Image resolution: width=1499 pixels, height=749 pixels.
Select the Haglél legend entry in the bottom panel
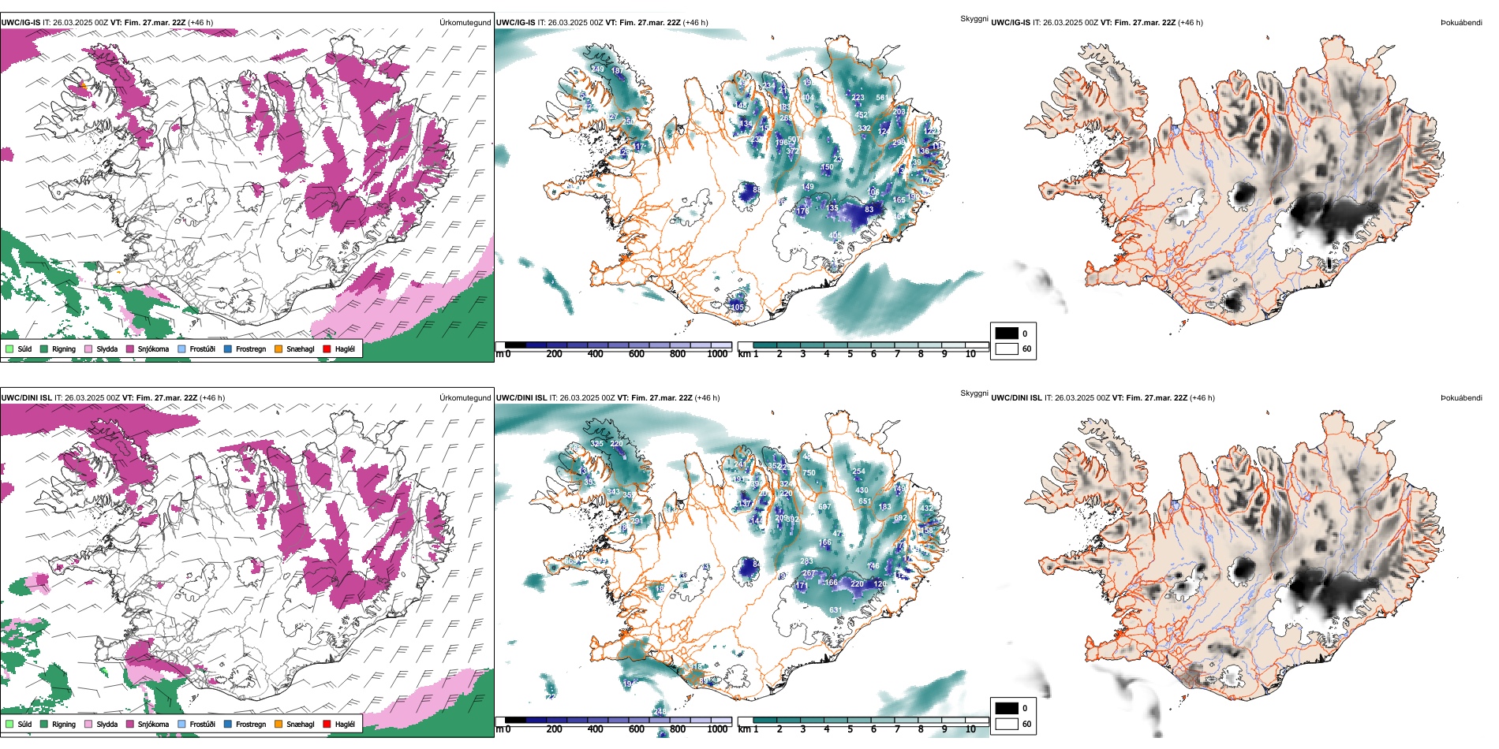pyautogui.click(x=345, y=724)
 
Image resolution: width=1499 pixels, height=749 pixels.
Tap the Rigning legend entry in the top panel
pyautogui.click(x=63, y=348)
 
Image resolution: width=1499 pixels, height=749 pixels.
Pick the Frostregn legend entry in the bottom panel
pyautogui.click(x=250, y=724)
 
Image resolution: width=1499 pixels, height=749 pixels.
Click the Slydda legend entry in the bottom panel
pyautogui.click(x=107, y=724)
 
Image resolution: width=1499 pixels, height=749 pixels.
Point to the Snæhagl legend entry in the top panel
pyautogui.click(x=300, y=348)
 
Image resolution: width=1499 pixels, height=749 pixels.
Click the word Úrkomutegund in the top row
pyautogui.click(x=465, y=22)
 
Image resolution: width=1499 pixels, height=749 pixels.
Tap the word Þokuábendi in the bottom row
pyautogui.click(x=1461, y=397)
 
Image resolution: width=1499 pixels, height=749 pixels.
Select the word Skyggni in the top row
pyautogui.click(x=974, y=18)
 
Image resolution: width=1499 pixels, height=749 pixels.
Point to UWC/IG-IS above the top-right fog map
pyautogui.click(x=1010, y=22)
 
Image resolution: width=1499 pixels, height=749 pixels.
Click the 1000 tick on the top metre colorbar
pyautogui.click(x=717, y=354)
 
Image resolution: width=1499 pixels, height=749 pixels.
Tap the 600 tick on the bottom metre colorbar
pyautogui.click(x=636, y=729)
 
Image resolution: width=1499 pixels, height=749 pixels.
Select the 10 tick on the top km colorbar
pyautogui.click(x=970, y=354)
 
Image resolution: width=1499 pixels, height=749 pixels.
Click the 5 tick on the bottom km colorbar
pyautogui.click(x=850, y=729)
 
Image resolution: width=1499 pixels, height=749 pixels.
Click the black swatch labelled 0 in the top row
pyautogui.click(x=1007, y=334)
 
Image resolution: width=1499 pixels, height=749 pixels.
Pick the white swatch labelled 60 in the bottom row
pyautogui.click(x=1007, y=724)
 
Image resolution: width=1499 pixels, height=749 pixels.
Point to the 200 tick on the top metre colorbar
pyautogui.click(x=554, y=354)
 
